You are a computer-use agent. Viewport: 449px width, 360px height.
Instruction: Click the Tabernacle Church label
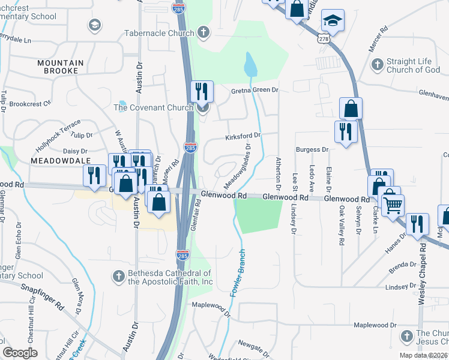(x=159, y=33)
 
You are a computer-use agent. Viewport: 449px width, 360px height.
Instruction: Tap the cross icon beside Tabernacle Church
(x=203, y=32)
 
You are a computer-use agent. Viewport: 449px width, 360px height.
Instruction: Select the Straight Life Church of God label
(x=414, y=65)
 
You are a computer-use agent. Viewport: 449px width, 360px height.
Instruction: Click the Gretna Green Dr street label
(x=256, y=90)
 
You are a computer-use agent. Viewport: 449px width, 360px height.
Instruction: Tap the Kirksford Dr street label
(x=243, y=137)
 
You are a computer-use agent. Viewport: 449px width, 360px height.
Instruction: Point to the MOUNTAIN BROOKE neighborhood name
(x=65, y=67)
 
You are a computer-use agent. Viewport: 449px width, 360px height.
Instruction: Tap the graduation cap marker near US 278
(x=332, y=20)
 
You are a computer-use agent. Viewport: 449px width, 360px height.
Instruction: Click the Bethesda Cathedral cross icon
(x=119, y=276)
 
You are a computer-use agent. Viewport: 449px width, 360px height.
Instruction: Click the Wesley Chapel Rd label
(x=424, y=276)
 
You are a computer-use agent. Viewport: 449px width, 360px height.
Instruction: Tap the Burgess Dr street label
(x=313, y=149)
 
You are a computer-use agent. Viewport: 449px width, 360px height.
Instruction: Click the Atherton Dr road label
(x=279, y=171)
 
